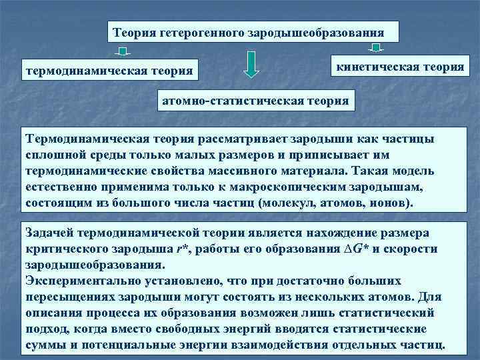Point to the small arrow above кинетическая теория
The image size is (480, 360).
[x=376, y=48]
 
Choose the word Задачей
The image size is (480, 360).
[x=49, y=233]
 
